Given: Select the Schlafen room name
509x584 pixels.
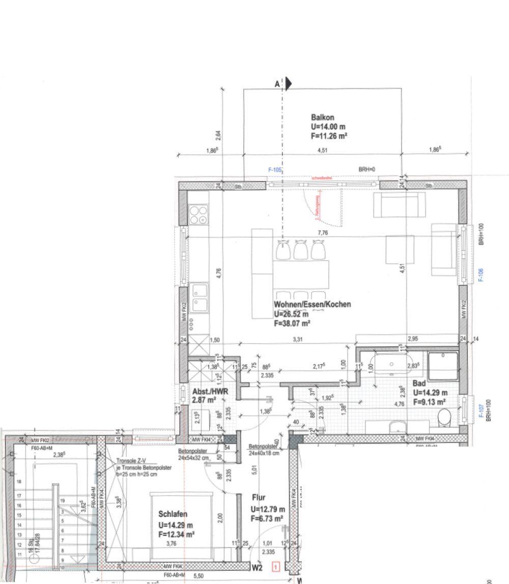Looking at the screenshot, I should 174,514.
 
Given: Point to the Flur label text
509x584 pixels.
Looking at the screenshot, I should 258,498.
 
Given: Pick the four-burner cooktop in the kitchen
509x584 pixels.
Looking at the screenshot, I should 199,214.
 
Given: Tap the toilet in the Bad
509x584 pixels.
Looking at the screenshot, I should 445,419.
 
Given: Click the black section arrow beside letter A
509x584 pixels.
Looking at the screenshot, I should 288,84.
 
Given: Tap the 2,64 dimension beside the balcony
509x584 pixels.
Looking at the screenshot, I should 218,135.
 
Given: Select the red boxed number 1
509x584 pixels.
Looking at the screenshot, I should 276,565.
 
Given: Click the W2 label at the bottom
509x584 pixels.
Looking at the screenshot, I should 257,566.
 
